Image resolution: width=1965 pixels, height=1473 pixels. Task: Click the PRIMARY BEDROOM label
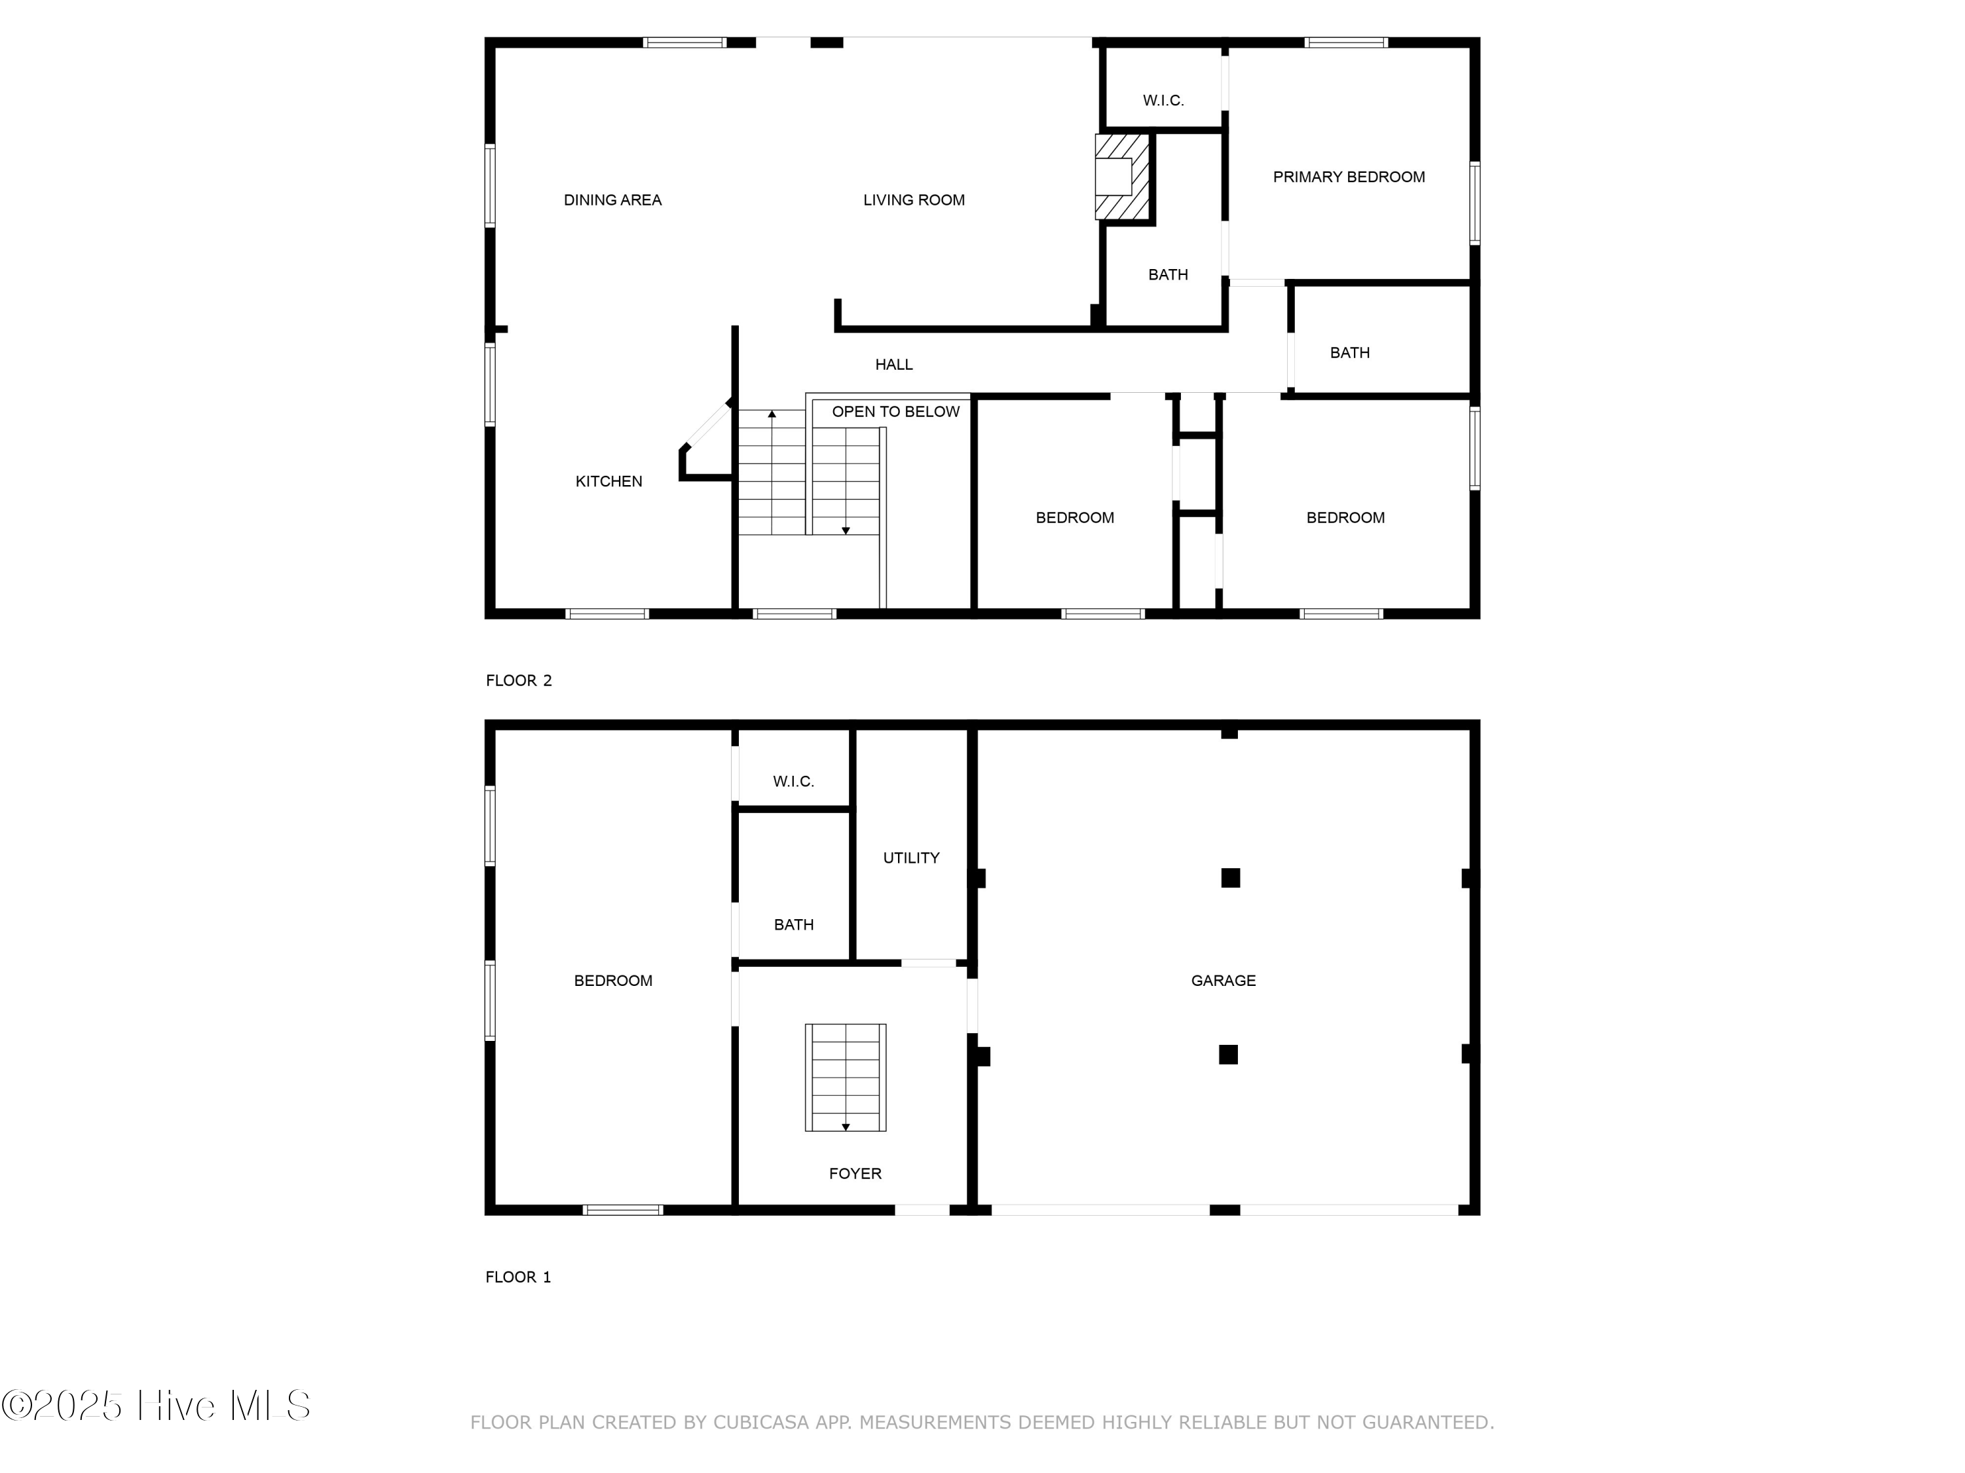coord(1349,177)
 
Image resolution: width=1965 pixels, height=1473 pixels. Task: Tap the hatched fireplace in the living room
coord(1123,177)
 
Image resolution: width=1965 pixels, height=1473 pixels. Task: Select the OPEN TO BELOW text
coord(895,412)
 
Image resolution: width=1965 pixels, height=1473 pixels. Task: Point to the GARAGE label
coord(1224,980)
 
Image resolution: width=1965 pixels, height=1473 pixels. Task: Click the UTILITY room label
coord(912,858)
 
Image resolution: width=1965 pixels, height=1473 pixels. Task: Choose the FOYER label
coord(855,1174)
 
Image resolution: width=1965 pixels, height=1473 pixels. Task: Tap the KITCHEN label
coord(608,481)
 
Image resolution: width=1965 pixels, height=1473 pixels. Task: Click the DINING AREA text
coord(613,200)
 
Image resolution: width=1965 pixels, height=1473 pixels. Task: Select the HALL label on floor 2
coord(893,364)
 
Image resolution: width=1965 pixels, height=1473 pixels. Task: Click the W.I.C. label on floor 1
coord(793,781)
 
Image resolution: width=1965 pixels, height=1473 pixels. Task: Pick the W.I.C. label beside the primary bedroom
coord(1164,100)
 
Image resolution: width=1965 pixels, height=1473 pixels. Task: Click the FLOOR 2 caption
coord(519,680)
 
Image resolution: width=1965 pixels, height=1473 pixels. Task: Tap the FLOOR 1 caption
coord(518,1277)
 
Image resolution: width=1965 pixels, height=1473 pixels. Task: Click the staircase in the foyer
coord(846,1077)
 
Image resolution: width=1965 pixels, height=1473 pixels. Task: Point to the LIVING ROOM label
coord(914,200)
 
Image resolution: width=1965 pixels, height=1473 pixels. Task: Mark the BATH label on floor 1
coord(793,924)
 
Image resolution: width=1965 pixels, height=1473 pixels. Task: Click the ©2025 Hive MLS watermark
coord(157,1405)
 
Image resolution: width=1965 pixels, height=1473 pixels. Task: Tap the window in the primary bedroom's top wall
coord(1346,42)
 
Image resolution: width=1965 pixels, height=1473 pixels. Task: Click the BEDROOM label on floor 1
coord(613,980)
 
